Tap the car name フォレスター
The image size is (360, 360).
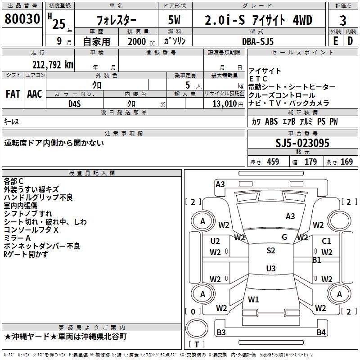click(117, 21)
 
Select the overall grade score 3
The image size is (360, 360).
click(343, 21)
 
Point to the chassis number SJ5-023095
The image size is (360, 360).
click(302, 143)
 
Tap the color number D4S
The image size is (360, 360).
click(74, 103)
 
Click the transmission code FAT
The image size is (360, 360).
click(13, 94)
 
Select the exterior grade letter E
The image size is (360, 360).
click(335, 41)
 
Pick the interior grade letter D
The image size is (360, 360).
click(350, 41)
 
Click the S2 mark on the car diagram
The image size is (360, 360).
click(270, 251)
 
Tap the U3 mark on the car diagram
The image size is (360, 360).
click(270, 269)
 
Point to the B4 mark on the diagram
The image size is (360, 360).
click(320, 333)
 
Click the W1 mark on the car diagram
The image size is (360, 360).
click(254, 299)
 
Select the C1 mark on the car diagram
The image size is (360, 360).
click(326, 241)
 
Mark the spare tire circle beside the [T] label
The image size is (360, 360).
click(197, 328)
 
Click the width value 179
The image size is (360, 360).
click(311, 162)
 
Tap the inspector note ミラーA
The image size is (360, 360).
click(17, 238)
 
